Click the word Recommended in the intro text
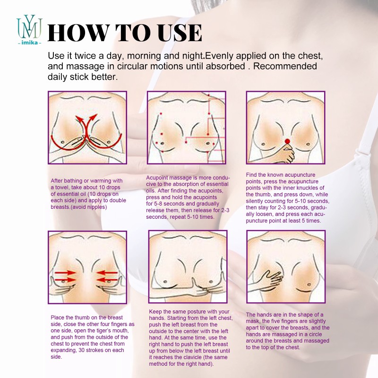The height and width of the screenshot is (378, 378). tap(285, 66)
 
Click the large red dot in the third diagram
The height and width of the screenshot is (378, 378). tap(287, 141)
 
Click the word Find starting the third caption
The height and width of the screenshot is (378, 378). tap(252, 175)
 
